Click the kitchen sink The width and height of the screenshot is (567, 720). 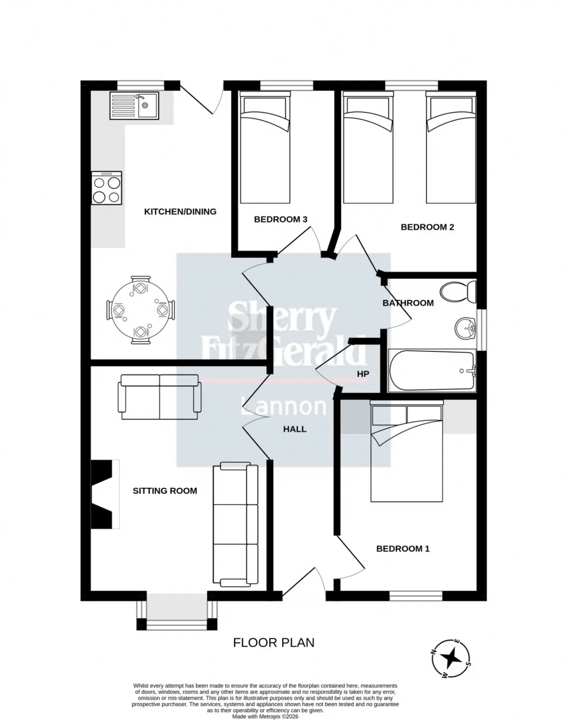[x=134, y=105]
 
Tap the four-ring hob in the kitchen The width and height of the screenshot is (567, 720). [x=107, y=188]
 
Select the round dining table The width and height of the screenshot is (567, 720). [x=140, y=310]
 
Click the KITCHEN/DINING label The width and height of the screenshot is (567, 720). [x=180, y=211]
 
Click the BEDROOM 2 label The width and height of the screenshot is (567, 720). [x=427, y=227]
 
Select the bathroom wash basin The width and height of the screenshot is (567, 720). [x=465, y=328]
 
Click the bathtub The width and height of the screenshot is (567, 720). [x=432, y=370]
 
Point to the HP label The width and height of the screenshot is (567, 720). [x=363, y=374]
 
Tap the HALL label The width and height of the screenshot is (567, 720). [x=295, y=429]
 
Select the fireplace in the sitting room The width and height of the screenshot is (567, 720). [x=105, y=494]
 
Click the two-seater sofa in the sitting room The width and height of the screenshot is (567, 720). [x=159, y=397]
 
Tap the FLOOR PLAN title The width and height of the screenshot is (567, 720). [x=274, y=643]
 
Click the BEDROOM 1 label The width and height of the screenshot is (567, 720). [x=403, y=549]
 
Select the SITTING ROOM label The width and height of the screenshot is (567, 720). [x=165, y=491]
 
